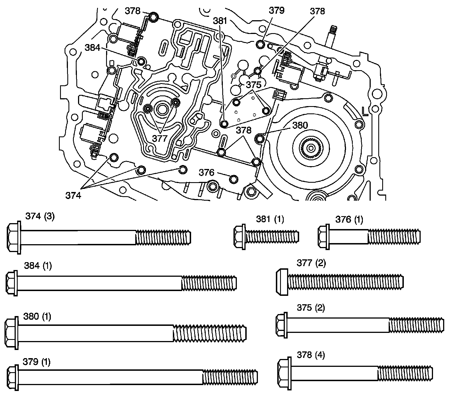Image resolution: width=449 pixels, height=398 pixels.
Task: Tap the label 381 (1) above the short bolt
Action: [x=270, y=219]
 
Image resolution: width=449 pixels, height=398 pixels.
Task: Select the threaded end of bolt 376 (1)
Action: [x=394, y=235]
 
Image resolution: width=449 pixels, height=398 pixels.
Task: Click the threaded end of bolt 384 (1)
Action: [x=209, y=283]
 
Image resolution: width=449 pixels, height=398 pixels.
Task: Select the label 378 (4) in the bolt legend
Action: [x=311, y=355]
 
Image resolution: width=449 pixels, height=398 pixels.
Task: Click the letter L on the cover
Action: [x=365, y=112]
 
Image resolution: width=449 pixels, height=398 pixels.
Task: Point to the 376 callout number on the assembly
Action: [x=207, y=173]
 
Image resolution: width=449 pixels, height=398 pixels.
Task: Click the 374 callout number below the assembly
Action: [x=73, y=195]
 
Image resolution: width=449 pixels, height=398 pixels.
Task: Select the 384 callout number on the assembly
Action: [x=93, y=48]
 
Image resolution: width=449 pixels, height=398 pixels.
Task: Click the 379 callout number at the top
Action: [x=277, y=11]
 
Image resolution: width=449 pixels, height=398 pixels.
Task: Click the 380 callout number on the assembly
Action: [x=300, y=125]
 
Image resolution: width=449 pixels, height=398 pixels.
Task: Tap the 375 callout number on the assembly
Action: [x=254, y=84]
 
